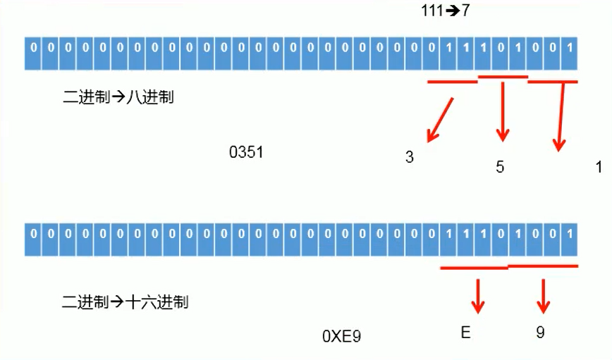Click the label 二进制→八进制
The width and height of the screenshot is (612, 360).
coord(118,98)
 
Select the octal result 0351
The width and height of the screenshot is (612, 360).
coord(246,152)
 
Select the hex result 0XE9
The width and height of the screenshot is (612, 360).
coord(341,337)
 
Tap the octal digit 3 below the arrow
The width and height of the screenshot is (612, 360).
coord(409,158)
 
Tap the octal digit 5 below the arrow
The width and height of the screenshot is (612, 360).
coord(500,168)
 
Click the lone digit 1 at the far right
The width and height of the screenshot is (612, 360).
coord(599,168)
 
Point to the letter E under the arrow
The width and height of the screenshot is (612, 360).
coord(465,332)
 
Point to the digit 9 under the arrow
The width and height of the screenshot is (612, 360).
coord(540,332)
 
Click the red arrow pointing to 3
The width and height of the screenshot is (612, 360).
coord(439,119)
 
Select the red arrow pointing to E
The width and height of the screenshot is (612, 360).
coord(479,296)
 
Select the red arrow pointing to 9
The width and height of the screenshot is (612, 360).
coord(543,296)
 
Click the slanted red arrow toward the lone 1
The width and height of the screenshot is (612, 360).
coord(561,116)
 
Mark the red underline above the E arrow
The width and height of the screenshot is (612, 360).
coord(474,268)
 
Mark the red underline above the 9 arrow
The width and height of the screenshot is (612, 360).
coord(543,266)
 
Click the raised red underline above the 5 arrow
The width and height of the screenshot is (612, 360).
coord(502,76)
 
